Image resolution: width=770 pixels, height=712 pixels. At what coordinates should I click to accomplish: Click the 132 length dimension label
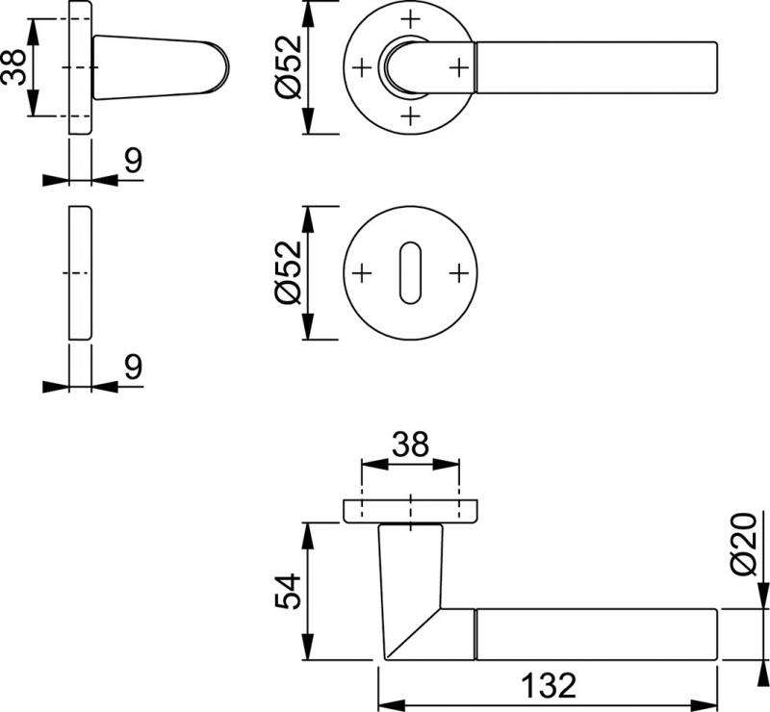click(548, 685)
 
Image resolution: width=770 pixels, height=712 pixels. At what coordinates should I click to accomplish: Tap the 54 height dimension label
click(288, 591)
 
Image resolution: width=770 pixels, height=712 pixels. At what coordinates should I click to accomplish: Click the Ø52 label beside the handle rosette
click(288, 66)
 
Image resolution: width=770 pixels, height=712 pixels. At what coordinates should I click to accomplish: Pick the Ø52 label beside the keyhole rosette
click(288, 272)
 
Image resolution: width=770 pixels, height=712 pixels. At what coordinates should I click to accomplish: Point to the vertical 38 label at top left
click(13, 67)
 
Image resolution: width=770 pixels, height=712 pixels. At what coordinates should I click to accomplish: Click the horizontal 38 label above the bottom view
click(410, 445)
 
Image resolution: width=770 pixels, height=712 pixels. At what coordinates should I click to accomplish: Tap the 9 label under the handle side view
click(133, 161)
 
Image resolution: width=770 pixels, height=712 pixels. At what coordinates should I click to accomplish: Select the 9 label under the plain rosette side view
click(133, 367)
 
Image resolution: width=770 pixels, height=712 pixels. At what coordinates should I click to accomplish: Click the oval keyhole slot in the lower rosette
click(410, 272)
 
